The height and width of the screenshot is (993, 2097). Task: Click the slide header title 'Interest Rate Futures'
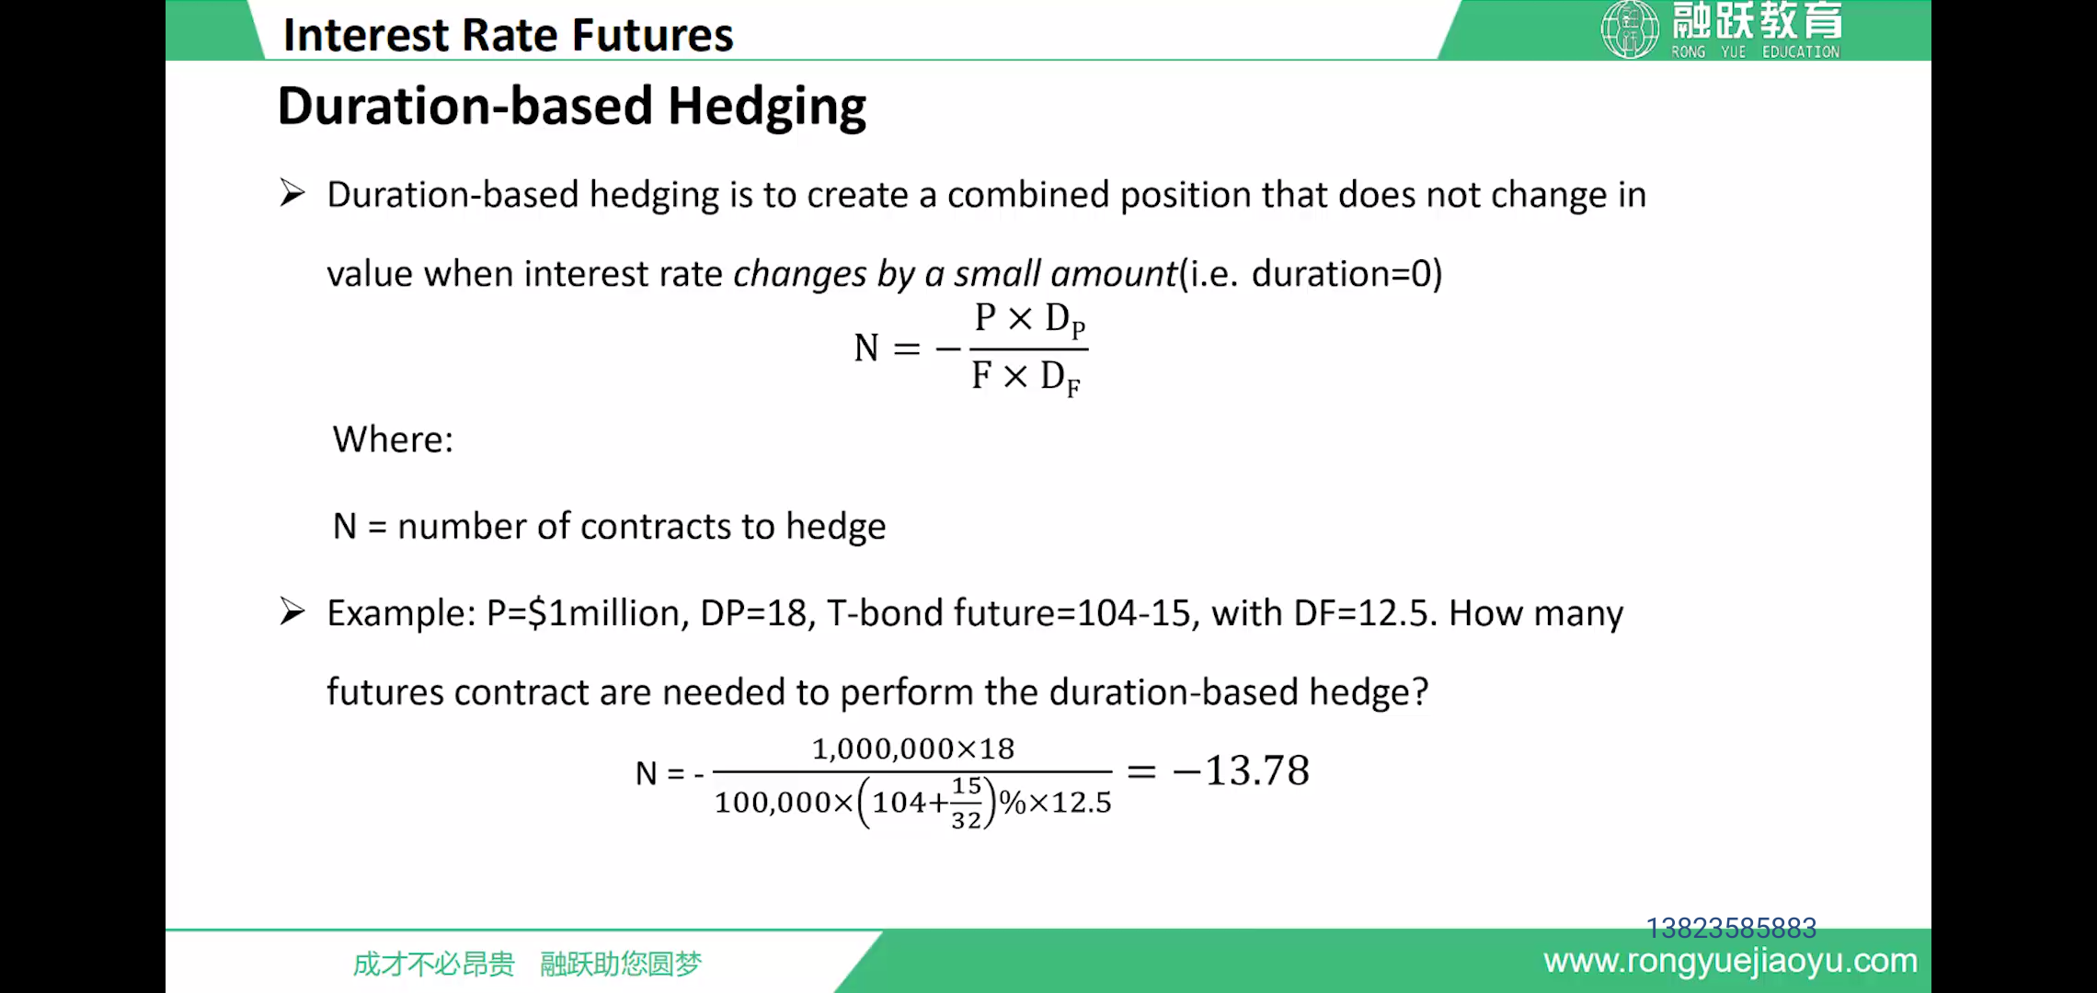pos(508,35)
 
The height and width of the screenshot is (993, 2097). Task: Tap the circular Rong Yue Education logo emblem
pos(1630,29)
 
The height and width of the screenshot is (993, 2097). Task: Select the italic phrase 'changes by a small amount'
pos(955,274)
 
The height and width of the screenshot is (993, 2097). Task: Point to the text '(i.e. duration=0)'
pos(1311,274)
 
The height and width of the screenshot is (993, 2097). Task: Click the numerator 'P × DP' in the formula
pos(1030,319)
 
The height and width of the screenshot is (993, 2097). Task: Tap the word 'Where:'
pos(393,439)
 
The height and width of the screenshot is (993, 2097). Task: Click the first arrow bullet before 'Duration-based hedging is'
pos(292,193)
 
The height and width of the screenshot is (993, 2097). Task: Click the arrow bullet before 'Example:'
pos(292,611)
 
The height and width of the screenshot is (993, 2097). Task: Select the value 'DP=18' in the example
pos(752,613)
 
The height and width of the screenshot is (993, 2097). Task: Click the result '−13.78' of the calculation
pos(1241,770)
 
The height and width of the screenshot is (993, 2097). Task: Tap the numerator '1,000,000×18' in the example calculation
pos(913,748)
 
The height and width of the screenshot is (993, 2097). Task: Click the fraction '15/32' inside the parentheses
pos(967,803)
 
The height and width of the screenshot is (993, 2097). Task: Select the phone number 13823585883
pos(1731,928)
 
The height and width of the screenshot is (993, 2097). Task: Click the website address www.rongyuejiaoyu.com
pos(1730,961)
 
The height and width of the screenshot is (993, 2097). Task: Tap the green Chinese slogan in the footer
pos(527,964)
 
